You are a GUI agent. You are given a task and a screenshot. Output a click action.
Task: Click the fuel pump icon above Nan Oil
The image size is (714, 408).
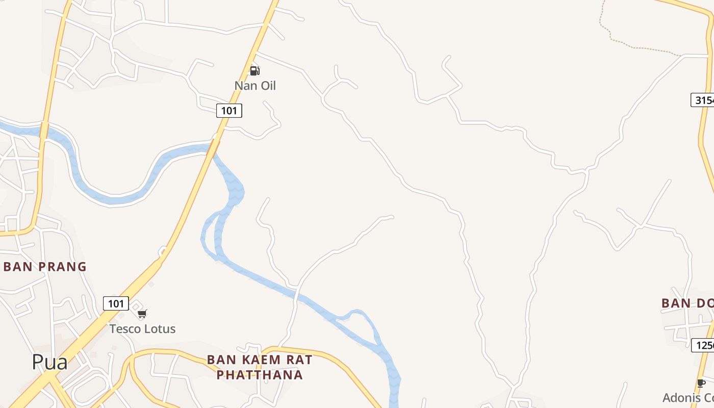[254, 70]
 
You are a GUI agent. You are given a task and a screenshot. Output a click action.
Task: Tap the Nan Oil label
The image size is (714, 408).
[255, 86]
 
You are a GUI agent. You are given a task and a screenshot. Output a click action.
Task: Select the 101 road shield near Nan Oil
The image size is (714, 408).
[229, 110]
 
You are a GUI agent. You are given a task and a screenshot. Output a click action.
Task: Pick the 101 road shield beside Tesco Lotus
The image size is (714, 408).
[116, 303]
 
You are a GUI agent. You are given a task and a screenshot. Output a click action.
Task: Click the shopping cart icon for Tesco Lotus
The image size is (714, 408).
[142, 314]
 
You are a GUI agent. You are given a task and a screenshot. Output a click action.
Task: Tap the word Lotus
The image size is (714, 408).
[160, 329]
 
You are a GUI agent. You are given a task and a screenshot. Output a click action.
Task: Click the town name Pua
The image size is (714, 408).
[49, 362]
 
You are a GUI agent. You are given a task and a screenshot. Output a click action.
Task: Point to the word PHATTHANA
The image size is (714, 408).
[260, 375]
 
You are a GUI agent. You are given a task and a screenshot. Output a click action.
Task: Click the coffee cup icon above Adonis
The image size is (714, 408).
[701, 383]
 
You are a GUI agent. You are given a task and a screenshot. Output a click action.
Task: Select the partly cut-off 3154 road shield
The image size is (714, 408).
[703, 100]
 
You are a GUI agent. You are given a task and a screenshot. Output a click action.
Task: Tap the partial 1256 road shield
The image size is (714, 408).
[703, 345]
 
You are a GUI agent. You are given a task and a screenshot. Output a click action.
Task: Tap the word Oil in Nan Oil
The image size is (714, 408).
[267, 86]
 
